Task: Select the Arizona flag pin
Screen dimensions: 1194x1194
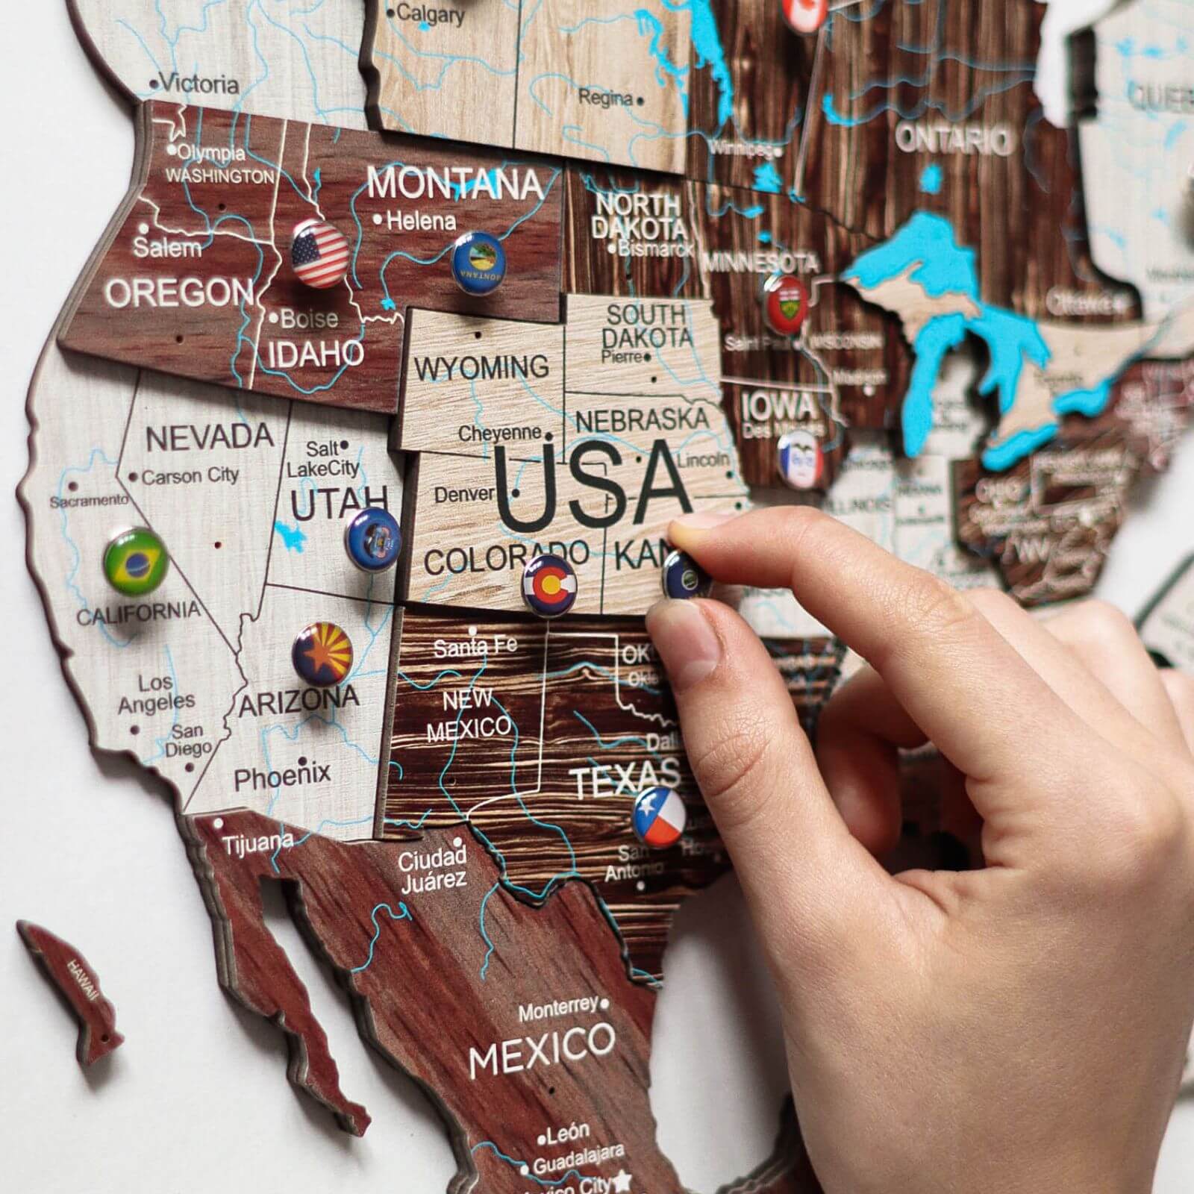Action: pos(322,651)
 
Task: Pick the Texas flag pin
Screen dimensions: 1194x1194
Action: pos(659,816)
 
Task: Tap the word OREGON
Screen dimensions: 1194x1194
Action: pos(180,292)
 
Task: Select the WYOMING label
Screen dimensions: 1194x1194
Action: pos(482,367)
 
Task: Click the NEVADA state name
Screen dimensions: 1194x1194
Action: pos(210,437)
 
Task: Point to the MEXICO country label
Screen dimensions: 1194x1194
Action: pos(542,1043)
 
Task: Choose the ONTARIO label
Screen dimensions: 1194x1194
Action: pos(954,140)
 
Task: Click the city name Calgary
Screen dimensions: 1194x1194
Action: pos(431,13)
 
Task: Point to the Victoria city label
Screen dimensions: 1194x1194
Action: pos(200,84)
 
